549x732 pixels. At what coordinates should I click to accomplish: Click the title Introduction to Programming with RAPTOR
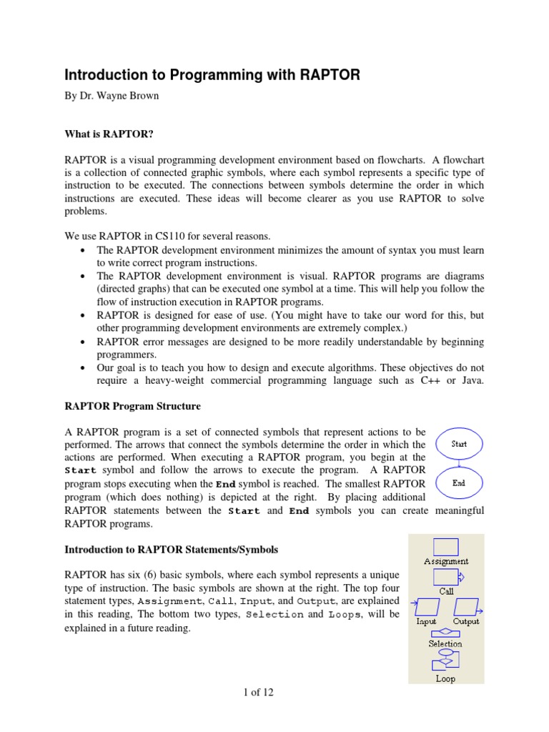[x=213, y=75]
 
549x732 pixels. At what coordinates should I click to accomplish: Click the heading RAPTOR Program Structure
[x=133, y=406]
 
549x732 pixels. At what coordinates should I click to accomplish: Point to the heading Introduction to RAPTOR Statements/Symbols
[x=172, y=550]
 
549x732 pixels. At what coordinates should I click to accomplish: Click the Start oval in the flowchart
[x=459, y=444]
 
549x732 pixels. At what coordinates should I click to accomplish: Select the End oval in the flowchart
[x=459, y=483]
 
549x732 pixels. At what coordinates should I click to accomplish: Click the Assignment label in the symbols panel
[x=446, y=561]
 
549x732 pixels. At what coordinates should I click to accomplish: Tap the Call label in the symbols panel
[x=446, y=591]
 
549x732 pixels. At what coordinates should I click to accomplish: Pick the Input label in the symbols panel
[x=427, y=621]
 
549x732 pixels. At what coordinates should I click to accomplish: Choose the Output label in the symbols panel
[x=466, y=621]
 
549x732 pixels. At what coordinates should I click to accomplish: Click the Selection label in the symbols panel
[x=445, y=643]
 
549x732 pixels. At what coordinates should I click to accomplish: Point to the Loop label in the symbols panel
[x=445, y=678]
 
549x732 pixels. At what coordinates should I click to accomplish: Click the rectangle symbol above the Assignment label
[x=446, y=547]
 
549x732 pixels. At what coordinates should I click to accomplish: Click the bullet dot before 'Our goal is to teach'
[x=85, y=367]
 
